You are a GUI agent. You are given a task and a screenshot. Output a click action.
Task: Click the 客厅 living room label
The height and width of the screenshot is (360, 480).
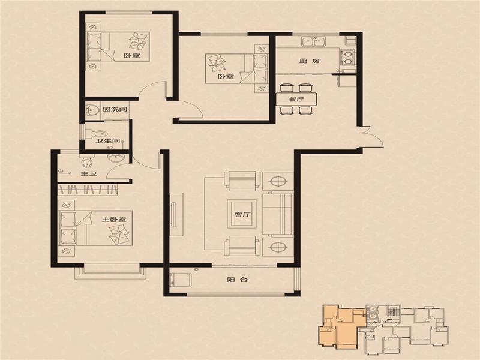242,215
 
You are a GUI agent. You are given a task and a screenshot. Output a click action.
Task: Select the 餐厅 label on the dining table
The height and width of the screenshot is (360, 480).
296,100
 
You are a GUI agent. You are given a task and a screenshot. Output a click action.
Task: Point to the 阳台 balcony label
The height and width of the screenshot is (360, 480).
238,280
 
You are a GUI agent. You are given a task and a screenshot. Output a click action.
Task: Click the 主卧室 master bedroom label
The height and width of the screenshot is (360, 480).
114,220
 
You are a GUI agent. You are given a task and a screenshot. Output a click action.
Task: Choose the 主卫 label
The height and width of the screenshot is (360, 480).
89,174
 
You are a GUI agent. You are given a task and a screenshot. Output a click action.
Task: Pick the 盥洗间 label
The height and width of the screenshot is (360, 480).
115,109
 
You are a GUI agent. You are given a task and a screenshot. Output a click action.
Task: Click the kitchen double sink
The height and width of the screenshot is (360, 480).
313,41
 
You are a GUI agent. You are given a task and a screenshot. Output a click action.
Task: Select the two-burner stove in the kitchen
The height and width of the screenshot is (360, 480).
347,57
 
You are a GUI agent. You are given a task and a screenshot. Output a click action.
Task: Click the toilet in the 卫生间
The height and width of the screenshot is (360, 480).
95,133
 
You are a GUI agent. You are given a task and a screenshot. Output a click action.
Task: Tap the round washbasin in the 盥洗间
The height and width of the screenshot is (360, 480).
92,110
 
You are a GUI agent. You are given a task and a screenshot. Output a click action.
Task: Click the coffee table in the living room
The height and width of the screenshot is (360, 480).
242,214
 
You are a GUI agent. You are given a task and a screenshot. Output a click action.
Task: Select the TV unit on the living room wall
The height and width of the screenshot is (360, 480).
176,214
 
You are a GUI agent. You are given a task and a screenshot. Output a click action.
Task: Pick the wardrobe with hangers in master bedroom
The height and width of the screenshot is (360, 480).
88,190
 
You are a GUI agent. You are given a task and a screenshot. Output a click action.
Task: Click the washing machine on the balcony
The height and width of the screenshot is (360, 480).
181,280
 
